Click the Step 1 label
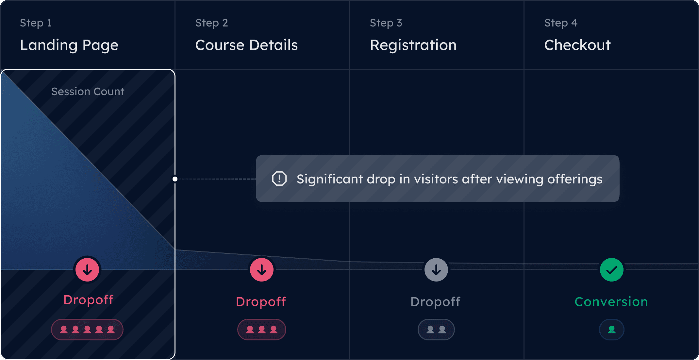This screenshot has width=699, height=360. click(36, 23)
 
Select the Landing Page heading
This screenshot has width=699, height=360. click(69, 45)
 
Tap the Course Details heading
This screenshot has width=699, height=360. click(246, 45)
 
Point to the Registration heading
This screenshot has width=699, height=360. click(413, 45)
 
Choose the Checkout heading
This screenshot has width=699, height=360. click(577, 45)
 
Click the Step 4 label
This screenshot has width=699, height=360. click(561, 23)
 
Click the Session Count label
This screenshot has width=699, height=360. click(88, 92)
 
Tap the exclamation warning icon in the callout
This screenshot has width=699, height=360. click(279, 179)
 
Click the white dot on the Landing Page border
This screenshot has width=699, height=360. click(175, 179)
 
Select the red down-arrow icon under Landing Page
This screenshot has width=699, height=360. click(87, 270)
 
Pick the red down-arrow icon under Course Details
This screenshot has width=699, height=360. click(262, 270)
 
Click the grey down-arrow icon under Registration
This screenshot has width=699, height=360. click(436, 270)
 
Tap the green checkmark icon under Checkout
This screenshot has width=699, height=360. click(611, 270)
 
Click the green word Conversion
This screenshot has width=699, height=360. click(611, 301)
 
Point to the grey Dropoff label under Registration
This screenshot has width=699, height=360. click(435, 301)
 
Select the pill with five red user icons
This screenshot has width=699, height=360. click(87, 329)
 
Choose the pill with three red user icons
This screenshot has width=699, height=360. click(262, 329)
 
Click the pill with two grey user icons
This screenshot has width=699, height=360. click(436, 329)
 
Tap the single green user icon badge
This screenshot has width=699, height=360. click(611, 329)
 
